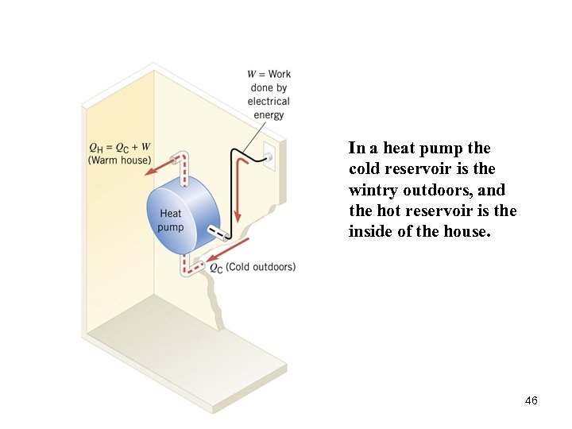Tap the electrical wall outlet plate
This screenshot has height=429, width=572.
click(268, 157)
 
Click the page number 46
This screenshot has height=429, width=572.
click(531, 400)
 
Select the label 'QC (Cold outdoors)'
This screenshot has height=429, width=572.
click(252, 267)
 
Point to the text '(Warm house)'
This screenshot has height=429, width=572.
click(119, 160)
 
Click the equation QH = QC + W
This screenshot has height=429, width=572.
click(119, 147)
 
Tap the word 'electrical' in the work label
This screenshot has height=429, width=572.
click(269, 101)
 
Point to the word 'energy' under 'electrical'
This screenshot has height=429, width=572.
click(269, 115)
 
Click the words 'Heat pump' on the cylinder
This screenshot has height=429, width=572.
click(171, 220)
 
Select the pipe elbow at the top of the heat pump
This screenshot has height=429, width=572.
click(184, 157)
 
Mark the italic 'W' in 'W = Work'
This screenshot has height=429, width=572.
click(252, 74)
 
